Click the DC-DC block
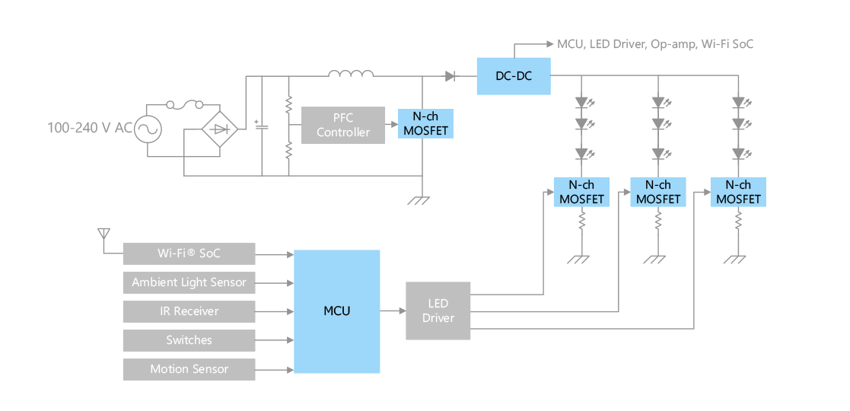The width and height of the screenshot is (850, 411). (514, 76)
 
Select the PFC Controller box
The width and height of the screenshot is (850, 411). (343, 126)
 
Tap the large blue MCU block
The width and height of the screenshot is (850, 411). (336, 311)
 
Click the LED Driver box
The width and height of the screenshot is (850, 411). (438, 311)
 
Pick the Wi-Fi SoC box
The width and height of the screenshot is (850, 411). (189, 253)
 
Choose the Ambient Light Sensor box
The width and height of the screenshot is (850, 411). (189, 282)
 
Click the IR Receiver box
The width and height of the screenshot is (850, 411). (189, 311)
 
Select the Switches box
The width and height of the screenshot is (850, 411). (189, 340)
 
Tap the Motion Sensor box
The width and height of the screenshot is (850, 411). (189, 369)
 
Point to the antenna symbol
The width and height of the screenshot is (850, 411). (103, 234)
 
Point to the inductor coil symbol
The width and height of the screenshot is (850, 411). (352, 74)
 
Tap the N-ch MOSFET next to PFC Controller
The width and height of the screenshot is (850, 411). (425, 123)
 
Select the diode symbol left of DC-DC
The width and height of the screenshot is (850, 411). (450, 76)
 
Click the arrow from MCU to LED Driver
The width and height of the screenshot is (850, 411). (393, 311)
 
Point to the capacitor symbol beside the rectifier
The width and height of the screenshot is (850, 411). (262, 127)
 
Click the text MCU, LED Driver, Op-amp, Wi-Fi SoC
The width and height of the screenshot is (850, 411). (655, 44)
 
